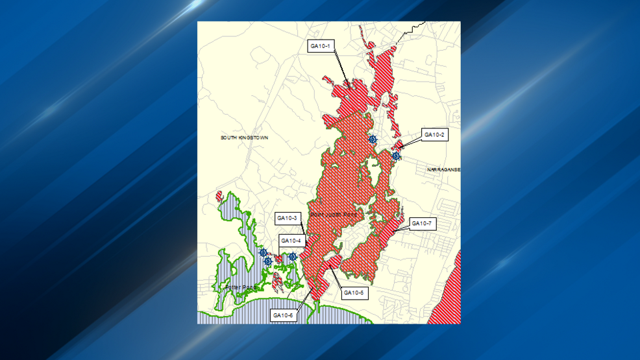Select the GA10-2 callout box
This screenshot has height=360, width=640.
point(434,135)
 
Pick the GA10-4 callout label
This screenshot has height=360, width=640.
point(291,241)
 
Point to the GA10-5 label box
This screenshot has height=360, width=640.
point(355,293)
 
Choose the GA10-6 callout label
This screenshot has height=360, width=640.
point(284,315)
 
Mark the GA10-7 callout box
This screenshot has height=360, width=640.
point(423,224)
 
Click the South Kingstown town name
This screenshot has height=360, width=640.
point(244,138)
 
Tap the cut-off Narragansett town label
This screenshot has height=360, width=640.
point(444,169)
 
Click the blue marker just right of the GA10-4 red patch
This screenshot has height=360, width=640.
point(293,257)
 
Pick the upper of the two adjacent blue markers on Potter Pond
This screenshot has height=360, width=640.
point(264,253)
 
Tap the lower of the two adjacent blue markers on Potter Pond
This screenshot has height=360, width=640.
point(267,261)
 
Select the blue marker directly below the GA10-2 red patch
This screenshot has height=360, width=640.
point(396,156)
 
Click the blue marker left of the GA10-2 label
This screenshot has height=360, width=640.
point(373,139)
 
